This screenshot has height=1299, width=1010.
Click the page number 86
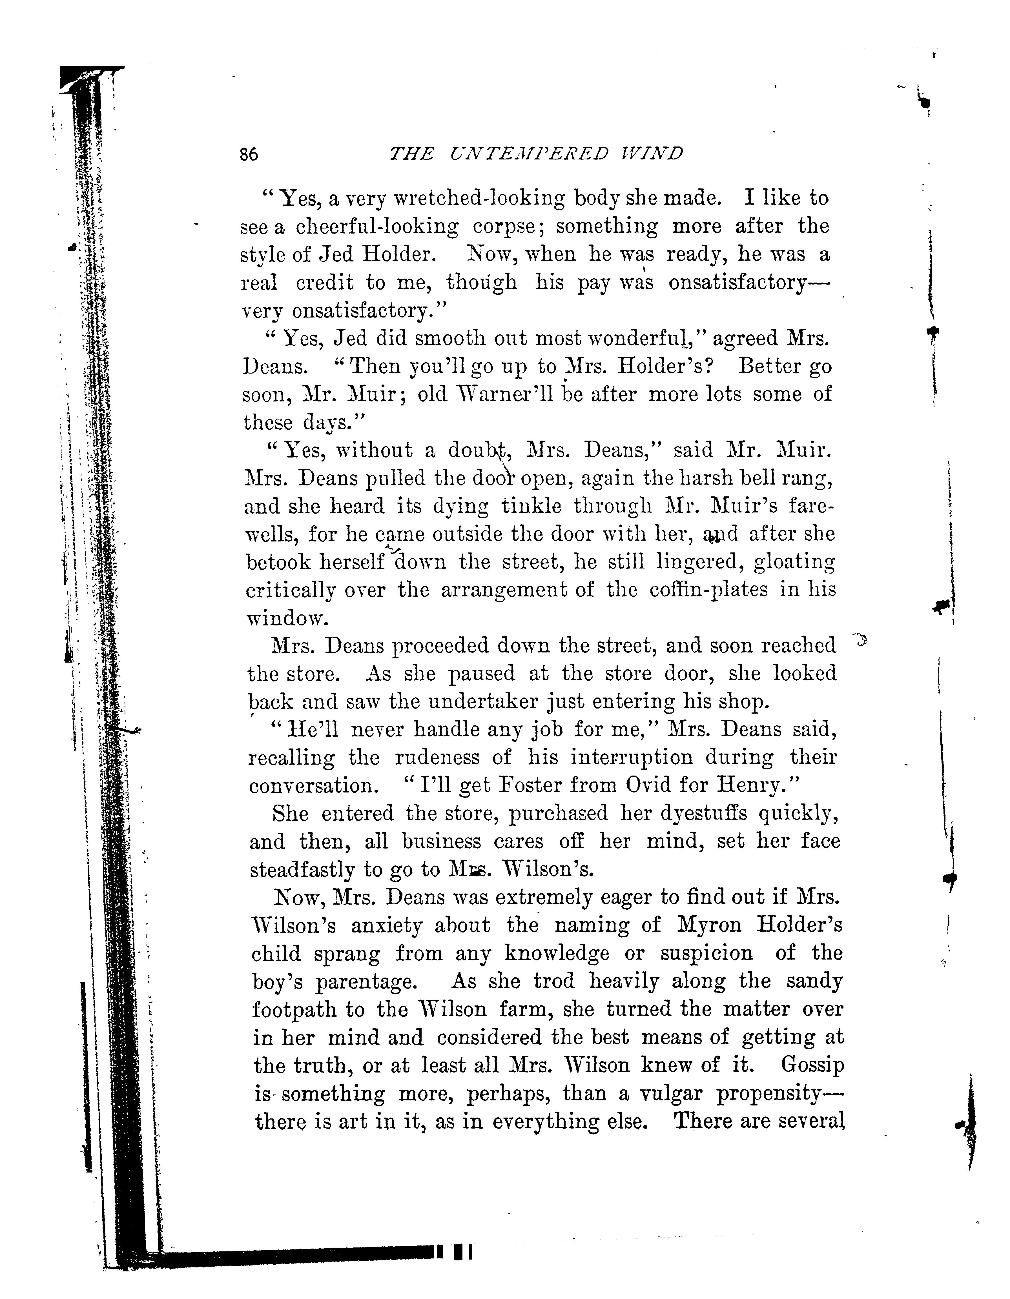point(249,155)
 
